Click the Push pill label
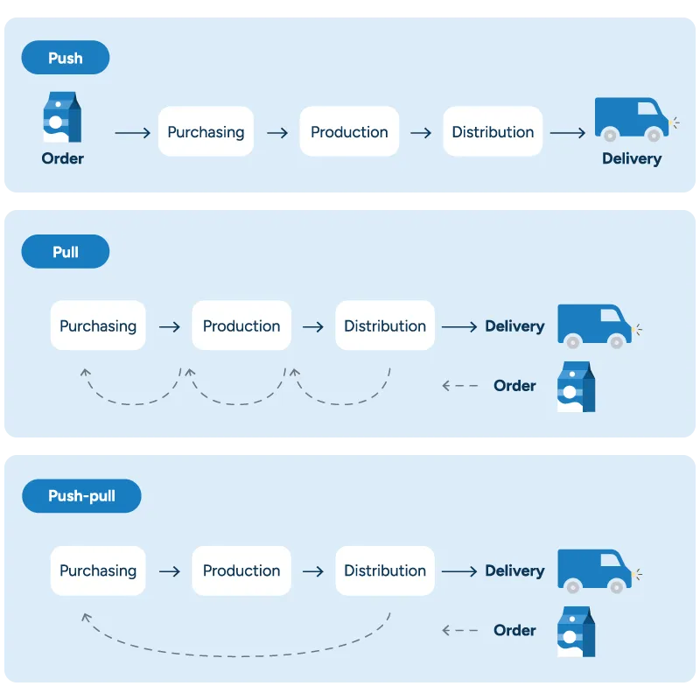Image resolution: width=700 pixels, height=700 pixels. click(x=66, y=58)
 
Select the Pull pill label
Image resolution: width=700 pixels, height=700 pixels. click(x=66, y=252)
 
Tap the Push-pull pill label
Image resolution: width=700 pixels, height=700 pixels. click(x=81, y=496)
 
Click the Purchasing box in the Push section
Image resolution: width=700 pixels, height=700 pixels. click(x=206, y=132)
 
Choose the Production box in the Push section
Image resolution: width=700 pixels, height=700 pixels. click(x=349, y=132)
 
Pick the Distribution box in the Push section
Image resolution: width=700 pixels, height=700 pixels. click(x=493, y=132)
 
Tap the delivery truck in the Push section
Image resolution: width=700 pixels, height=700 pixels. click(x=631, y=118)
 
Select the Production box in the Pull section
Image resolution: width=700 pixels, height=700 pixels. click(x=241, y=325)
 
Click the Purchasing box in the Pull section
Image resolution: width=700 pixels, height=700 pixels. click(x=98, y=325)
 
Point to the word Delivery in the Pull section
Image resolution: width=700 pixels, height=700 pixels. click(x=514, y=326)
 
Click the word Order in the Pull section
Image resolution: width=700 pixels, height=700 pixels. click(x=514, y=386)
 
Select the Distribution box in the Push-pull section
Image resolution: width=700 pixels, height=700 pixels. click(x=385, y=570)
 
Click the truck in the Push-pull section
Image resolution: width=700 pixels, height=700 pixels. click(x=594, y=570)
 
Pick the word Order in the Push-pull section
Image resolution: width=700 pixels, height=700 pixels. click(x=514, y=630)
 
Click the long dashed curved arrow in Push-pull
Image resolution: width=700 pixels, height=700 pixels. click(x=236, y=655)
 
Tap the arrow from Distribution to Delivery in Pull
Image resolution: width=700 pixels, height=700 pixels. click(x=458, y=326)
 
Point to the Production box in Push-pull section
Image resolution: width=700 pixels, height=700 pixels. click(x=241, y=570)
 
